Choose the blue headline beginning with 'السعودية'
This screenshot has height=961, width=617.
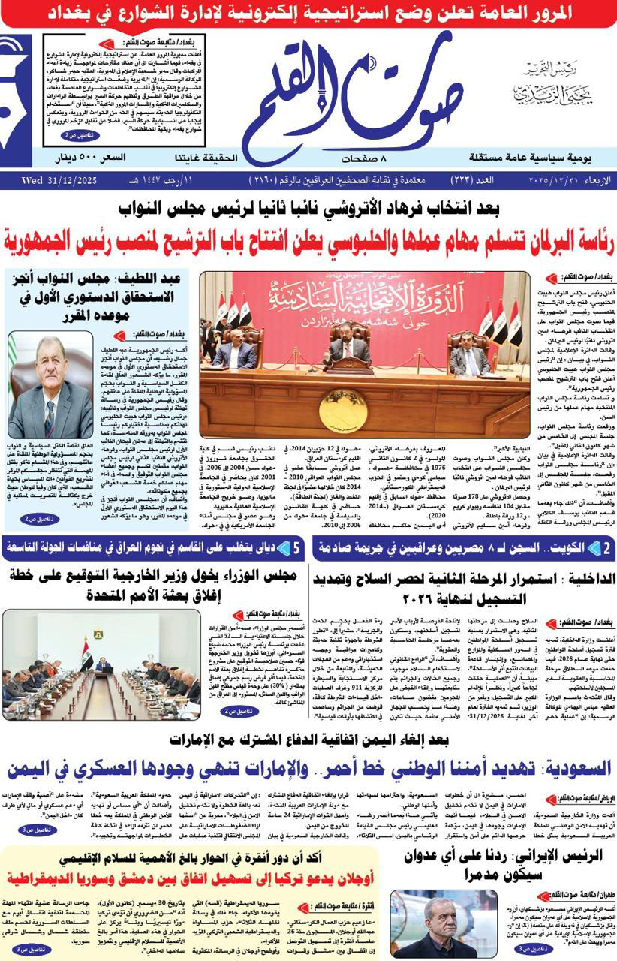click(308, 770)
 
